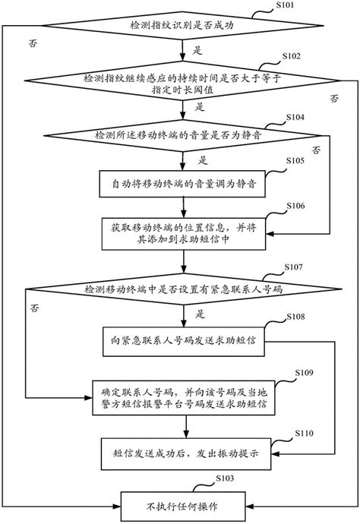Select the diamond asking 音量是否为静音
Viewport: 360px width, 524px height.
pos(180,135)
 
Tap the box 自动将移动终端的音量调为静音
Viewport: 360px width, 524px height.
pos(180,185)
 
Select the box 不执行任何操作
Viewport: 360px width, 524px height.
pos(180,503)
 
